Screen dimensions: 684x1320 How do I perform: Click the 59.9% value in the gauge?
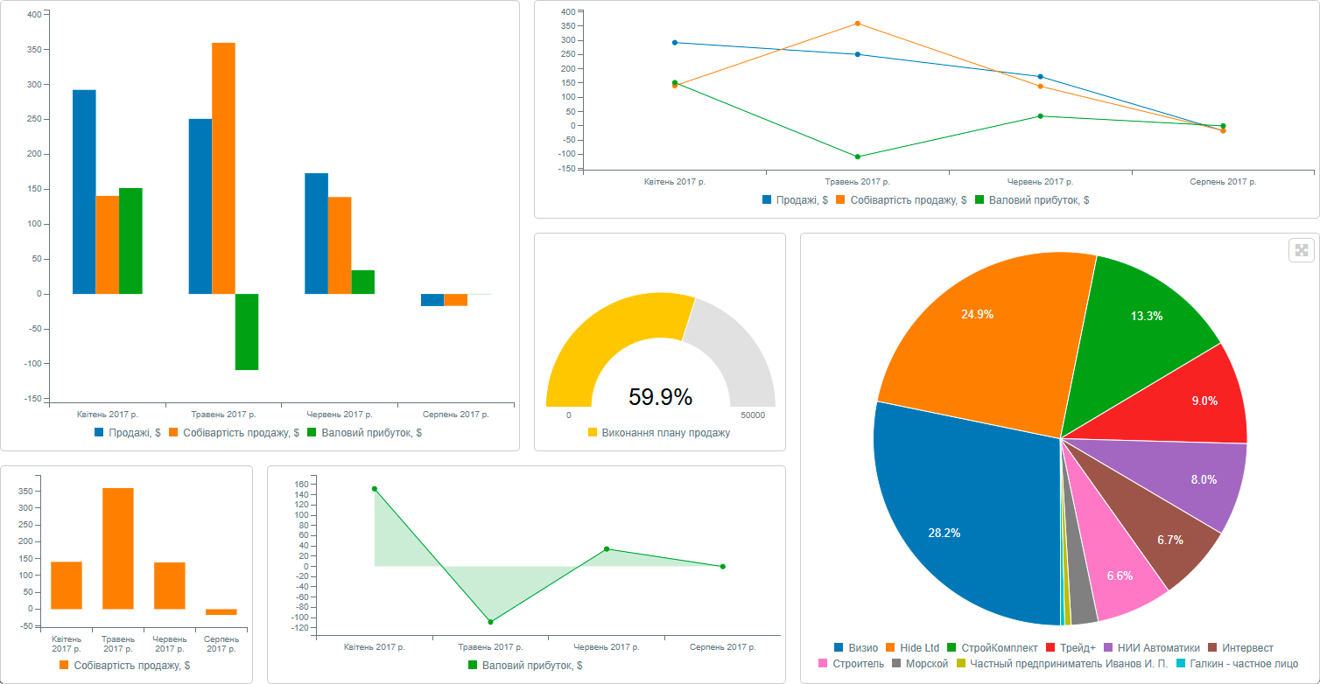660,397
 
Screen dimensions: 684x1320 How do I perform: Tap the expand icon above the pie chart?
1301,251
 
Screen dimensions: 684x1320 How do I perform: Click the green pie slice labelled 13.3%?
1146,316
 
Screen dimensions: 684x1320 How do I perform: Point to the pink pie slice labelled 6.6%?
1120,576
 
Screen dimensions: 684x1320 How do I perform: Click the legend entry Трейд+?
1070,648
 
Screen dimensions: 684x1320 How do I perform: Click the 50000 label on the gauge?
752,415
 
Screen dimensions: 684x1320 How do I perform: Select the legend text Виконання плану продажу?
665,433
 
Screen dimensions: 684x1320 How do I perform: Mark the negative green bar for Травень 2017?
246,332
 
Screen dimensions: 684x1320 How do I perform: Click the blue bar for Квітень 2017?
84,192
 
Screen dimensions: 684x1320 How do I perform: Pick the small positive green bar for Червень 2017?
362,282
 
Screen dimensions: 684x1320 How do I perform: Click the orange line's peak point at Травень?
858,24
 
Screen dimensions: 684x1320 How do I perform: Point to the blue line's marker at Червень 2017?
1040,77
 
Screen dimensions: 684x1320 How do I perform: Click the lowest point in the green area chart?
490,622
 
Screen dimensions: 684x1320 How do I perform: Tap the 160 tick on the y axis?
303,485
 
